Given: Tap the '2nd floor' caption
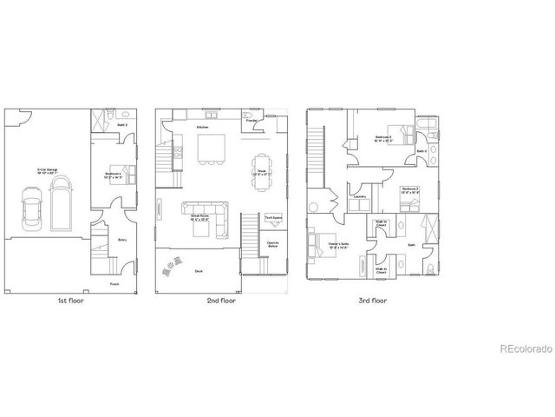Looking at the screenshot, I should [222, 301].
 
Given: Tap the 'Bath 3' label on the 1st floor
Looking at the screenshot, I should [123, 125].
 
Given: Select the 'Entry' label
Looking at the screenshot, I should [122, 235].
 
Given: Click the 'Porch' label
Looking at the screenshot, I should [114, 284].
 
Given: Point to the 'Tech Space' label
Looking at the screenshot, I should [271, 218].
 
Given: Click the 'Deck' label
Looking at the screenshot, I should [199, 272].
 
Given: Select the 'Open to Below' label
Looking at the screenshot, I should [272, 244].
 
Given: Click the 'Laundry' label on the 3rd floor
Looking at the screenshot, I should [360, 197].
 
